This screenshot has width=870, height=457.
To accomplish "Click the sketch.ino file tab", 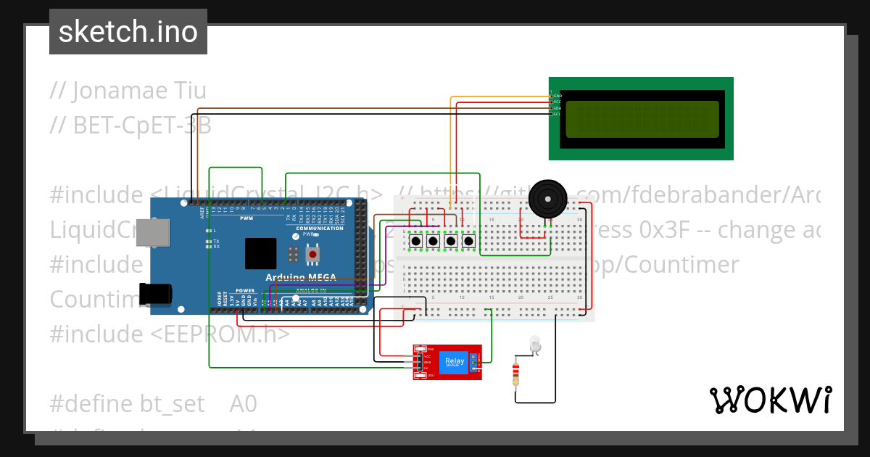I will (128, 32).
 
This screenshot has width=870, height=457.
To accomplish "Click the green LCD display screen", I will (641, 119).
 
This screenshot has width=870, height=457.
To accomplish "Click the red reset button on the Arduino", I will (312, 255).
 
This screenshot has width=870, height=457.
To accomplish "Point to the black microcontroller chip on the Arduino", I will (260, 254).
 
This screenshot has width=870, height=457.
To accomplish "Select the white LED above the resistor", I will (536, 344).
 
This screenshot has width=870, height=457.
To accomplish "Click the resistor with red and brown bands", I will (515, 375).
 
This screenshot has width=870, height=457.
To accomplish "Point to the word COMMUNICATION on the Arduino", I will (319, 228).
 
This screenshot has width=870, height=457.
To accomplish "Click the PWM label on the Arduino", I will (246, 218).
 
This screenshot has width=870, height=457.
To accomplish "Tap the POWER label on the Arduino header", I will (245, 290).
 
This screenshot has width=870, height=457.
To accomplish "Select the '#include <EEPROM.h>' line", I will (170, 334).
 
